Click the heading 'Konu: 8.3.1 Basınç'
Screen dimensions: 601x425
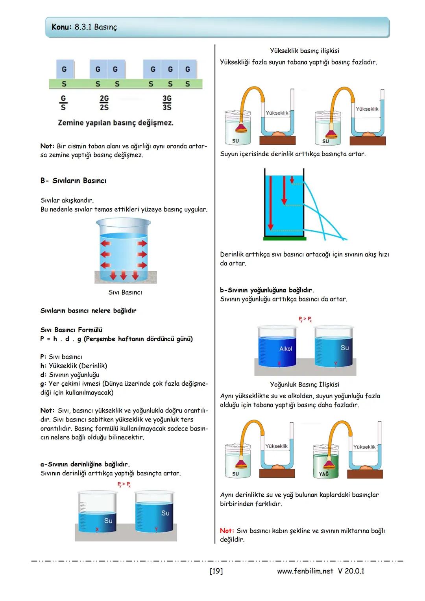click(x=84, y=27)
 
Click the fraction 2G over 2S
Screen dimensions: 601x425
click(x=104, y=102)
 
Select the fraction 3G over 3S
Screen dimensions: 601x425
click(x=167, y=102)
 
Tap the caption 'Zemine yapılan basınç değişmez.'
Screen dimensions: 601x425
click(x=115, y=123)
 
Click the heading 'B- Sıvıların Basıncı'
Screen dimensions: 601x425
click(x=73, y=181)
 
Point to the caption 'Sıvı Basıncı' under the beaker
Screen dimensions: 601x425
click(x=125, y=292)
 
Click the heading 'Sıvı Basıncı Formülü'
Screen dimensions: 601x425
click(x=71, y=330)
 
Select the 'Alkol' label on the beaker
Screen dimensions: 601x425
click(x=286, y=349)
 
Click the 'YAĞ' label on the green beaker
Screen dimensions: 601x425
click(x=323, y=474)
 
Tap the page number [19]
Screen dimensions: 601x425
click(x=216, y=571)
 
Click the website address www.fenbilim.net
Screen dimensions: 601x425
click(x=305, y=571)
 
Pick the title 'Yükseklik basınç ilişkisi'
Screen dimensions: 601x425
click(x=304, y=51)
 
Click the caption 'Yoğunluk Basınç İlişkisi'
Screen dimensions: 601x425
click(x=304, y=385)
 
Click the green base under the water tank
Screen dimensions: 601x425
click(x=285, y=238)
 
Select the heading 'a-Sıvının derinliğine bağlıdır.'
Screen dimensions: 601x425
click(x=85, y=464)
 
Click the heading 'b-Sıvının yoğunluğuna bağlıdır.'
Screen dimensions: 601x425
click(x=267, y=290)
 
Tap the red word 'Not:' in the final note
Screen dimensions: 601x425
click(x=227, y=531)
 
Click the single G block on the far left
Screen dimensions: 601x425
click(x=64, y=69)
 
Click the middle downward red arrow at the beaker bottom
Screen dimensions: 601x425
click(x=124, y=275)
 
